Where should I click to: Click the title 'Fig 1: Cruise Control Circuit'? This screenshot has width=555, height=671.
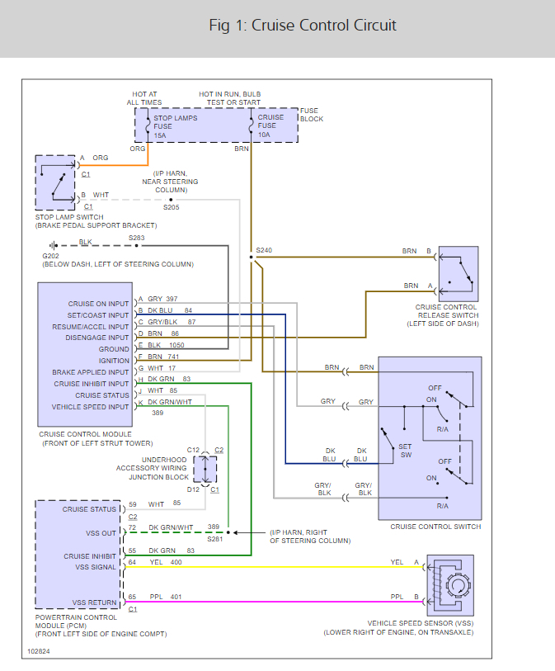click(x=303, y=26)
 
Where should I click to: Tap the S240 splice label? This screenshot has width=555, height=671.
click(x=263, y=249)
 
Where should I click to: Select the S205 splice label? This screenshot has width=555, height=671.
click(x=171, y=207)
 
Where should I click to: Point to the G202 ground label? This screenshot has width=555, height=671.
click(x=51, y=256)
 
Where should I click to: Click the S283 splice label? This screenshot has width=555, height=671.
click(x=136, y=238)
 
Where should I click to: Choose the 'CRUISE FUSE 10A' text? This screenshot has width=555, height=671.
click(x=270, y=126)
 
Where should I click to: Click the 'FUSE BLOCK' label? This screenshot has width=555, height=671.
click(x=312, y=115)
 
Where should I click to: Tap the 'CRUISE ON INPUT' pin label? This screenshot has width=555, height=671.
click(x=99, y=304)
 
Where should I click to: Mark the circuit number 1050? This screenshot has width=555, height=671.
click(x=176, y=345)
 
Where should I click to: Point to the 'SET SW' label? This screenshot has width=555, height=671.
click(x=406, y=451)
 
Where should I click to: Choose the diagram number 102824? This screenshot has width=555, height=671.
click(x=40, y=651)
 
